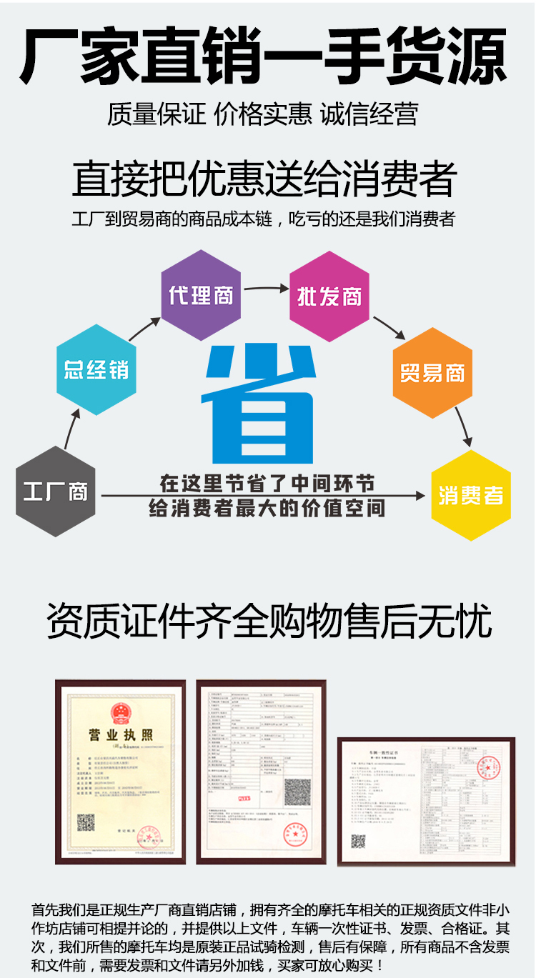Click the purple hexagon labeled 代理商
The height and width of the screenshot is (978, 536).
point(201,295)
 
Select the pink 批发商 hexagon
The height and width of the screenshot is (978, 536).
point(329,296)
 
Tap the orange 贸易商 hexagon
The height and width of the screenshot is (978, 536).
point(432,372)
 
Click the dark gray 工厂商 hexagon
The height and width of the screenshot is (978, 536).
point(56,492)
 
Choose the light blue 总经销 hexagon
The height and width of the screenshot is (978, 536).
point(96,369)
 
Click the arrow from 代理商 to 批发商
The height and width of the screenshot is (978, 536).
point(265,289)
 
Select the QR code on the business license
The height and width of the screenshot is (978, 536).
point(86,822)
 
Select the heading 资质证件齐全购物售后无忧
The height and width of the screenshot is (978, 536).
point(269,621)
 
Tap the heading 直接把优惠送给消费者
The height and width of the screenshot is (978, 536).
point(264,179)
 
